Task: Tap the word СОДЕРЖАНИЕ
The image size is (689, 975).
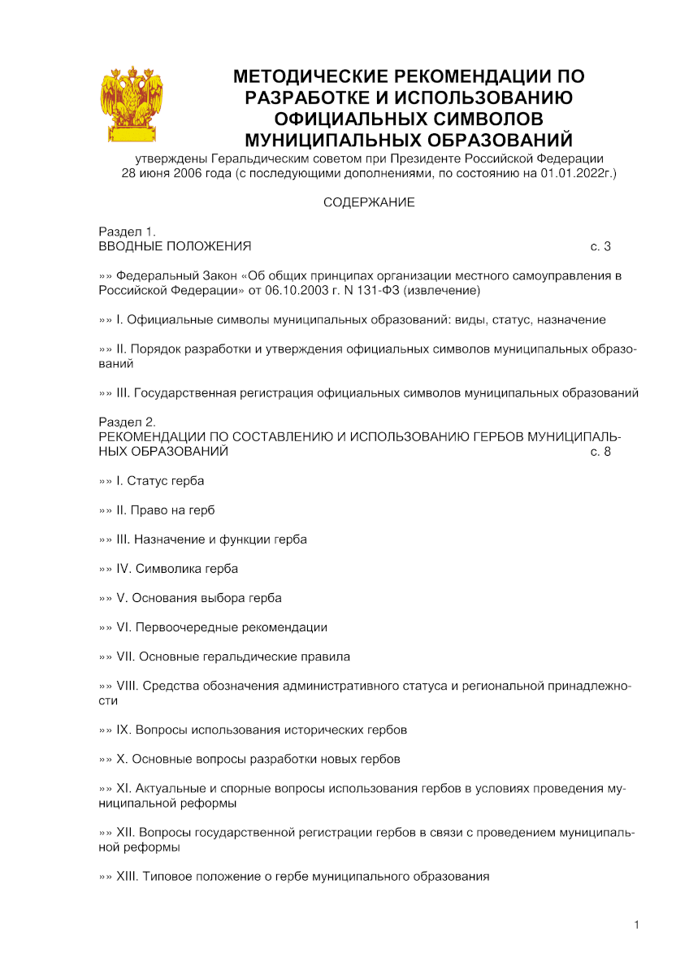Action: point(369,202)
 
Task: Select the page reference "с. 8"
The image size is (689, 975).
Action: point(600,451)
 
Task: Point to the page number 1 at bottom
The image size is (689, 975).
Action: point(637,925)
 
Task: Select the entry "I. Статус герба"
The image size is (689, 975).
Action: point(160,481)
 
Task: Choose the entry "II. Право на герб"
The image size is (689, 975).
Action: point(166,510)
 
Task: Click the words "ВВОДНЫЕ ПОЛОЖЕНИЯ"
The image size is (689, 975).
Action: point(175,246)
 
